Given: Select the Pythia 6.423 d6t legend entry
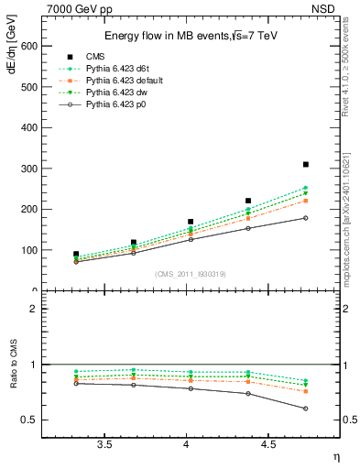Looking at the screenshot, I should click(122, 69).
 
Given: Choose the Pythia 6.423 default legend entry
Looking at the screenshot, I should click(125, 81).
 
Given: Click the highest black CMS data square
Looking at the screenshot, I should click(306, 164).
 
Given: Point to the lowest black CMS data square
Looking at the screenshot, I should click(76, 254).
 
